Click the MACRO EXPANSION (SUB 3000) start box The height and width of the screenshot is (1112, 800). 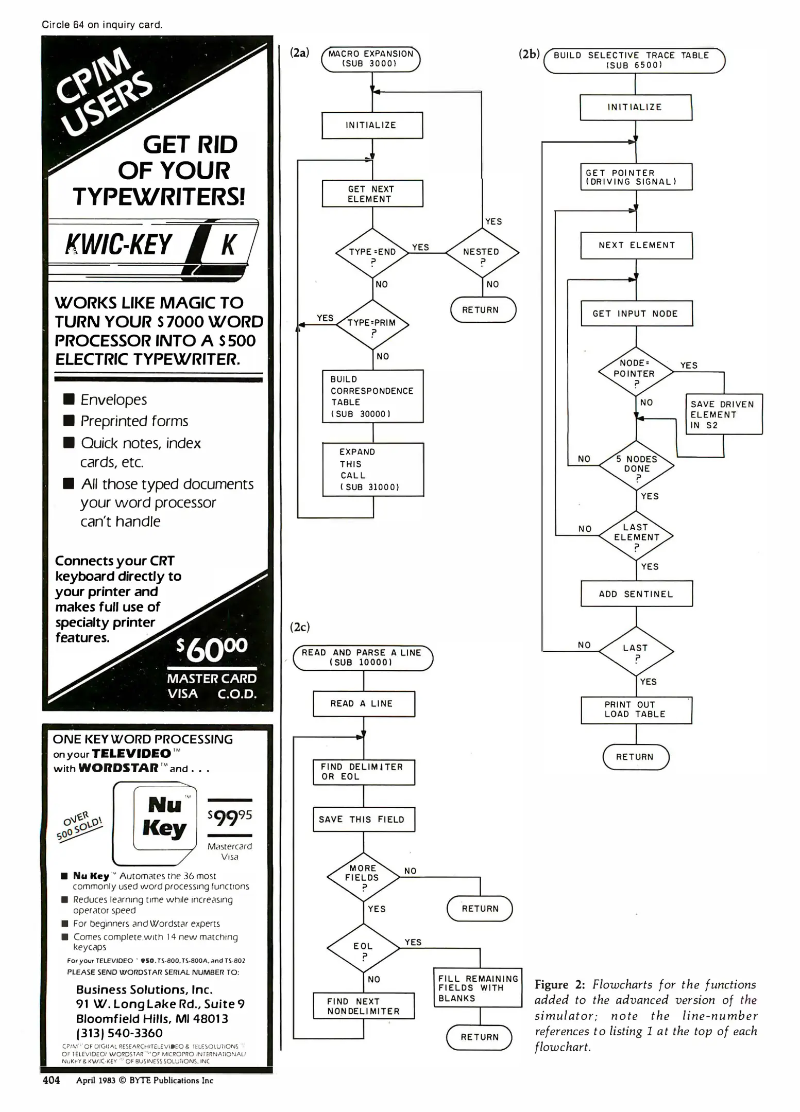pyautogui.click(x=370, y=59)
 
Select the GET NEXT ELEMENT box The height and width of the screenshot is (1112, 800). pyautogui.click(x=372, y=194)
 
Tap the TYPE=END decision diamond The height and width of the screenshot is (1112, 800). pyautogui.click(x=372, y=253)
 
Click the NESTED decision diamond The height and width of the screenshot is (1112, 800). pyautogui.click(x=482, y=253)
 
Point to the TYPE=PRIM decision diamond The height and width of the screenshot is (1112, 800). pyautogui.click(x=372, y=325)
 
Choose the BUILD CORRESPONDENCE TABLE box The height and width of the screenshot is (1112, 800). pyautogui.click(x=372, y=396)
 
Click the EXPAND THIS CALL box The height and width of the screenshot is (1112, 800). pyautogui.click(x=373, y=470)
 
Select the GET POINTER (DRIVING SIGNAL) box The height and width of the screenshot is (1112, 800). pyautogui.click(x=636, y=177)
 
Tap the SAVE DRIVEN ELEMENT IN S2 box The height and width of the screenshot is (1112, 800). pyautogui.click(x=723, y=414)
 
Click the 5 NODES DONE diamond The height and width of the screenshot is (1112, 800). pyautogui.click(x=637, y=465)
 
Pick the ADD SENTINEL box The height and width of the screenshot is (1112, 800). pyautogui.click(x=636, y=594)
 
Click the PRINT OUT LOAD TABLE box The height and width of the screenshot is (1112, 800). pyautogui.click(x=636, y=710)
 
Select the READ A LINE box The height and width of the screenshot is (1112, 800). pyautogui.click(x=363, y=704)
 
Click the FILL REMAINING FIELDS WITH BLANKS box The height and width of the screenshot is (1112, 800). pyautogui.click(x=478, y=988)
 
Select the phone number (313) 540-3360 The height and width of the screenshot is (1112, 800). pyautogui.click(x=120, y=1033)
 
